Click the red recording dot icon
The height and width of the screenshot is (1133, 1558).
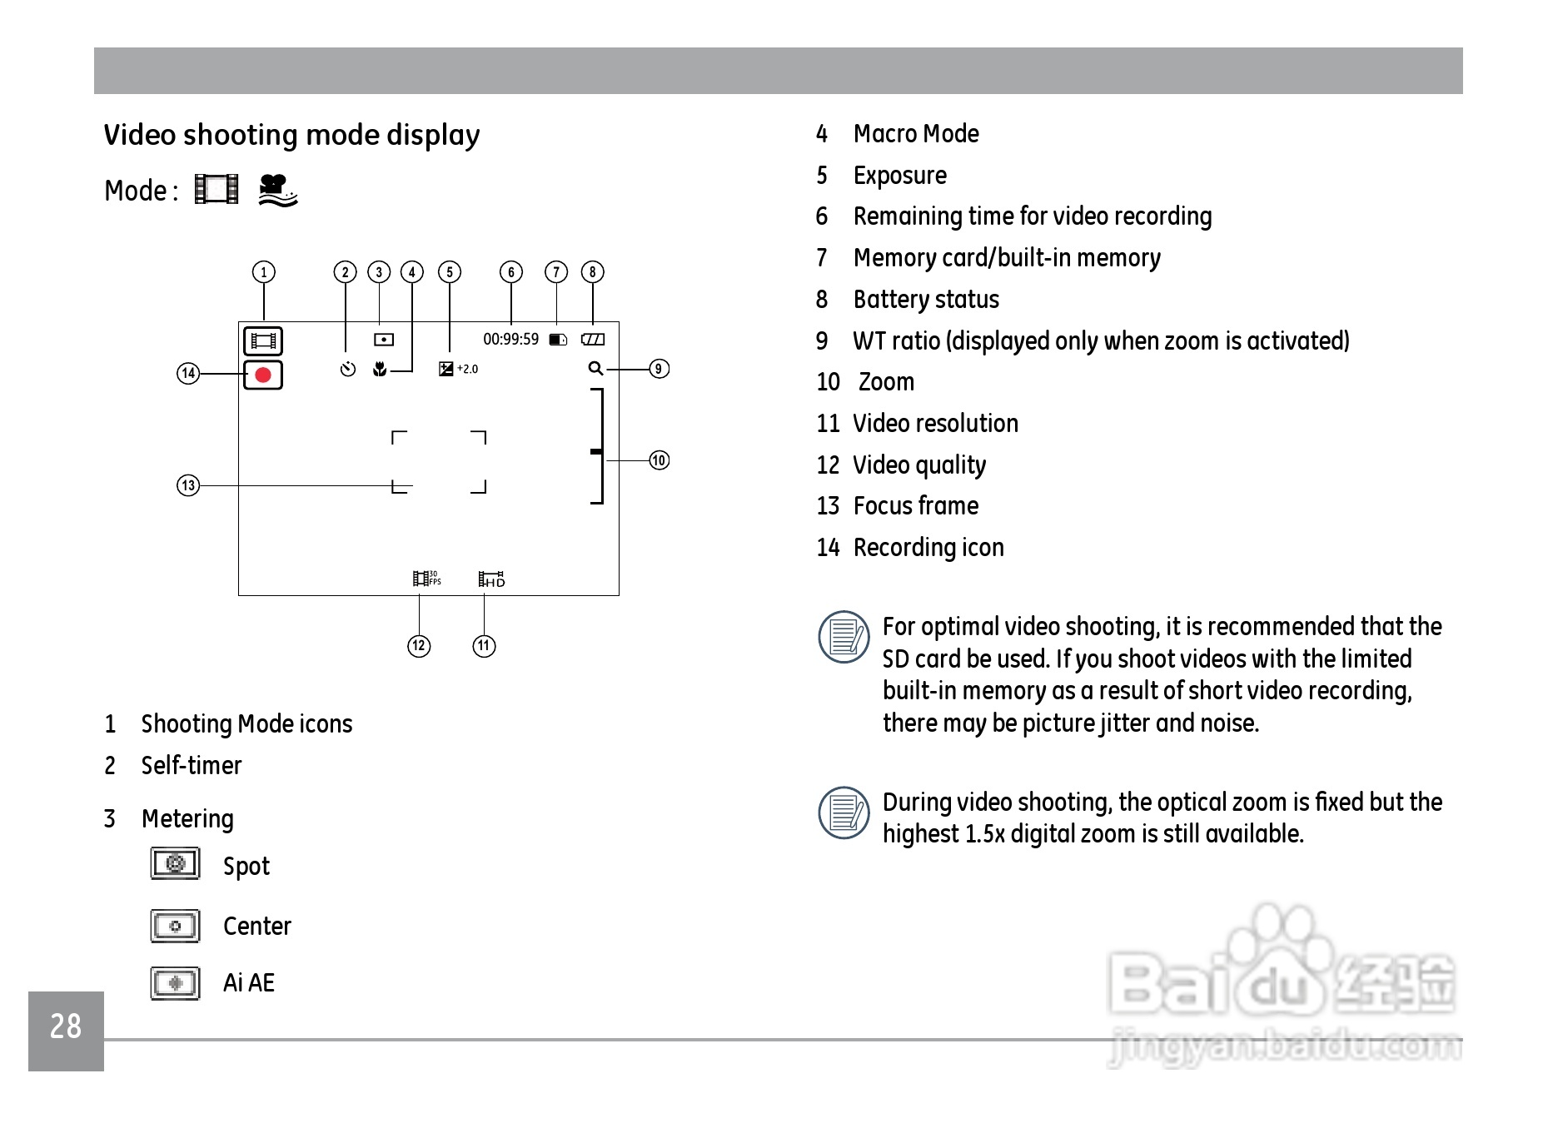263,375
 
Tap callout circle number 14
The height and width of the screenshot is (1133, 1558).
188,374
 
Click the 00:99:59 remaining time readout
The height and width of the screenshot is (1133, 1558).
510,340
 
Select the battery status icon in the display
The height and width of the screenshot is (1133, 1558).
593,340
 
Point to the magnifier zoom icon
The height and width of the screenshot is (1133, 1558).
595,368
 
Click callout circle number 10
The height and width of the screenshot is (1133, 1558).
659,460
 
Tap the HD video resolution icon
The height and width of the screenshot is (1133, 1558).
491,579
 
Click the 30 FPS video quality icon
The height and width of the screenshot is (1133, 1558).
426,578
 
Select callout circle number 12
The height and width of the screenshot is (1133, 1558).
419,646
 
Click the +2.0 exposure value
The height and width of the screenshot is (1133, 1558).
467,369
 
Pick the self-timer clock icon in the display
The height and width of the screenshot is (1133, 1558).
348,369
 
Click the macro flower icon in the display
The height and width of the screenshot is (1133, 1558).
380,369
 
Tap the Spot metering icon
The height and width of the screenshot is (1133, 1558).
175,863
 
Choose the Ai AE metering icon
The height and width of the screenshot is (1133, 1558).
175,983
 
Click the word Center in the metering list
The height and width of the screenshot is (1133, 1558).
256,927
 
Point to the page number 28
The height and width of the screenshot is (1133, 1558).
66,1026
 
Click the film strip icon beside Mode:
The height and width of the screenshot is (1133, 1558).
217,189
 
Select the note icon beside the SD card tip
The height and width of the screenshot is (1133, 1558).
844,637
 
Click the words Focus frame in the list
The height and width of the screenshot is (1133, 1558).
915,506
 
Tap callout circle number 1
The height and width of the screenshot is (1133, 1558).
264,272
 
